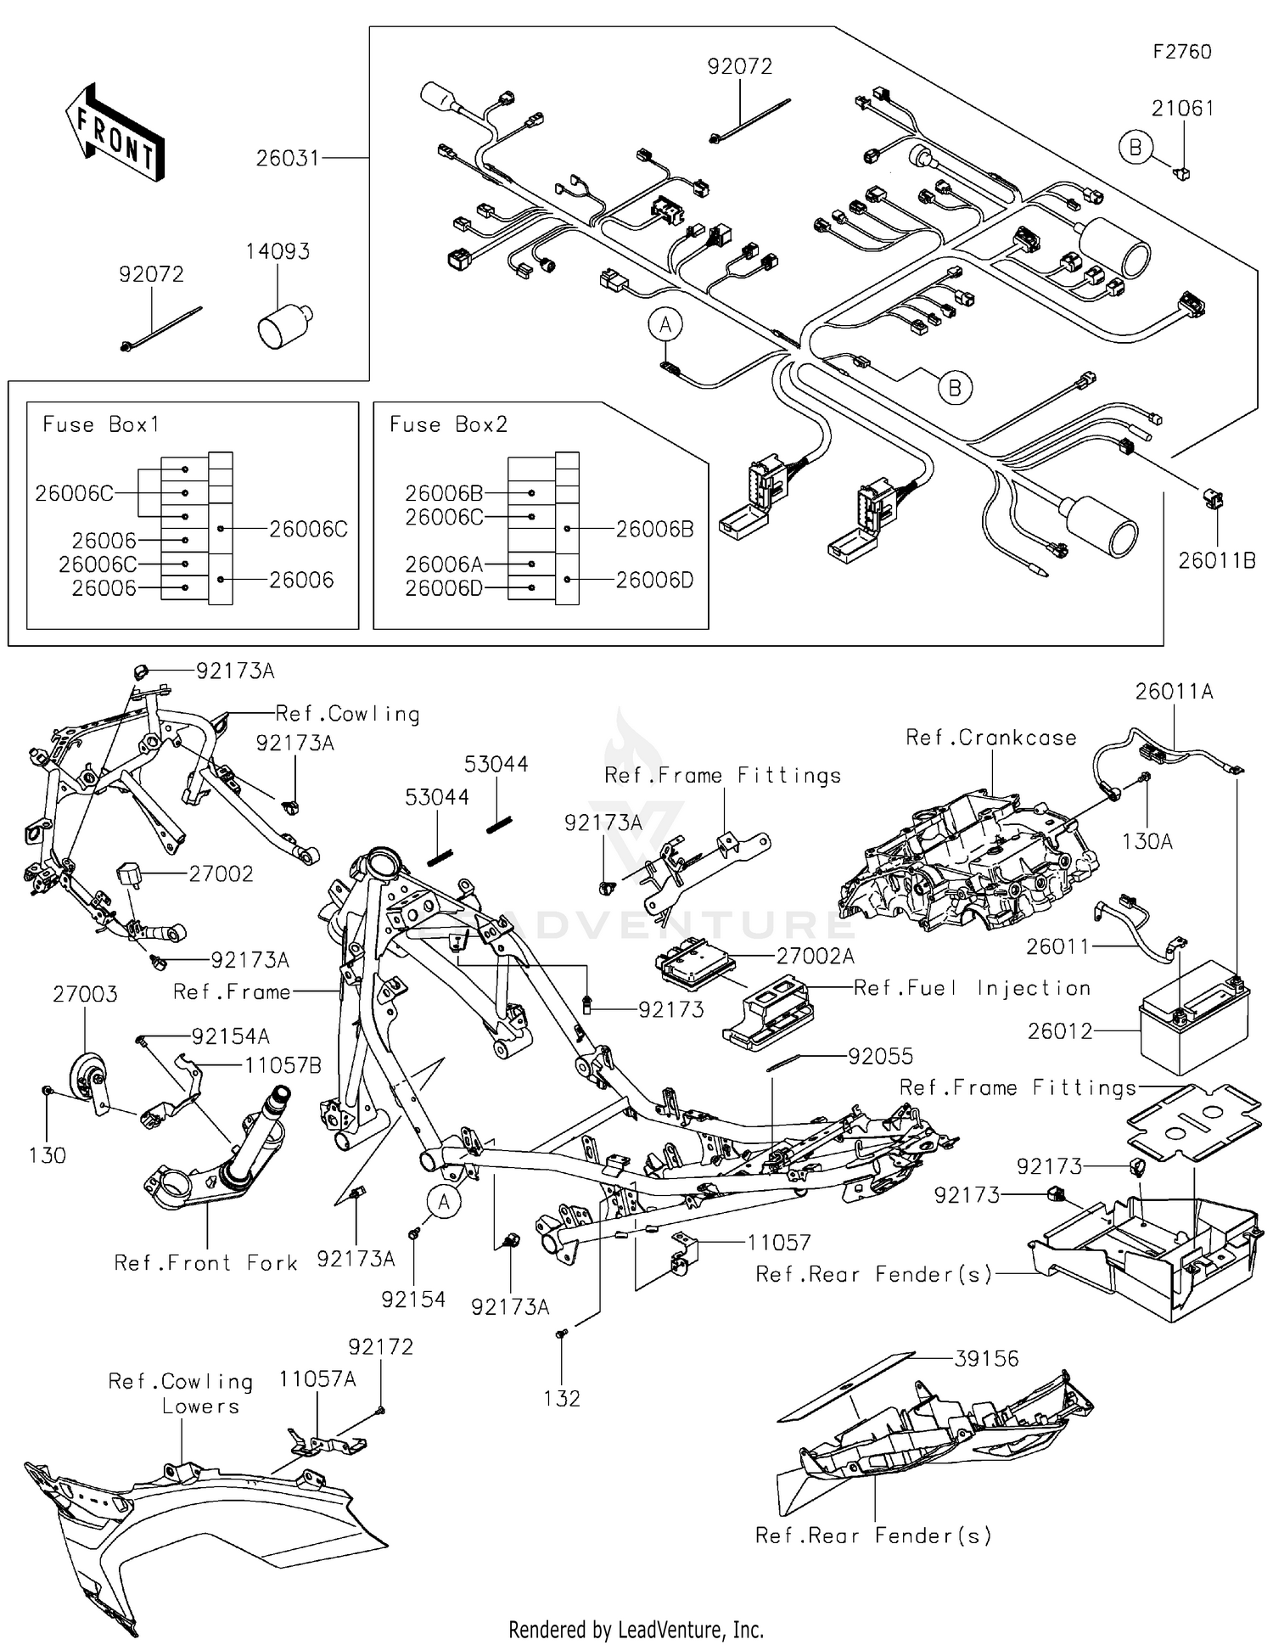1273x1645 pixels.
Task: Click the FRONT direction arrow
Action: tap(115, 134)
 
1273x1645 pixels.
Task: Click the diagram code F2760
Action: tap(1181, 52)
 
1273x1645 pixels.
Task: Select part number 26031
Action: tap(288, 158)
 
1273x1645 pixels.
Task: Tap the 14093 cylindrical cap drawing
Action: tap(283, 325)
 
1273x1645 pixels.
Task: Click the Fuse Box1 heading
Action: tap(101, 424)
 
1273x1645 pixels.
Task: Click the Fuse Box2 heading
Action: tap(448, 424)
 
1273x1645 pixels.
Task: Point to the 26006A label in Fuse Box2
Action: tap(444, 564)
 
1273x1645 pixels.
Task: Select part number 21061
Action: tap(1182, 109)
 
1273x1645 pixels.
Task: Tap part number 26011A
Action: tap(1175, 692)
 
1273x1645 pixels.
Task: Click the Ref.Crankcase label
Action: tap(990, 738)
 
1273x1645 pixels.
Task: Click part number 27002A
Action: tap(815, 957)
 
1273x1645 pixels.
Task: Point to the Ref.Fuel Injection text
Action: tap(972, 988)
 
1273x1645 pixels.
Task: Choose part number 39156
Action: tap(986, 1359)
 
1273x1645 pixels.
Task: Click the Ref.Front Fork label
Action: tap(206, 1263)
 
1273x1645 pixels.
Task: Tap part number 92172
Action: tap(380, 1347)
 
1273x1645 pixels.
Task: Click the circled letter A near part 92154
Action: tap(443, 1201)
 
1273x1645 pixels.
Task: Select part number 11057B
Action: tap(283, 1066)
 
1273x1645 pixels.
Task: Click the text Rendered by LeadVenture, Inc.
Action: tap(636, 1630)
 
